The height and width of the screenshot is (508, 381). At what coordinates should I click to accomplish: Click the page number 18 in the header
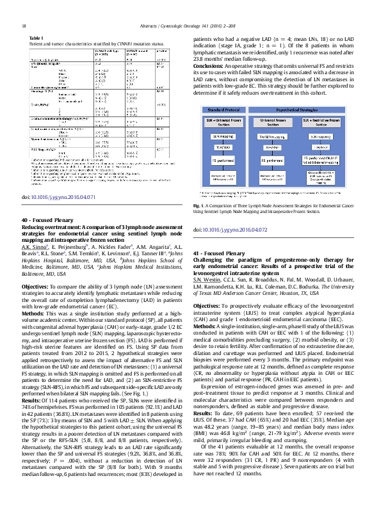(24, 26)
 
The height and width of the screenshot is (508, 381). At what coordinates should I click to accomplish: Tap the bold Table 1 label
(37, 38)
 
